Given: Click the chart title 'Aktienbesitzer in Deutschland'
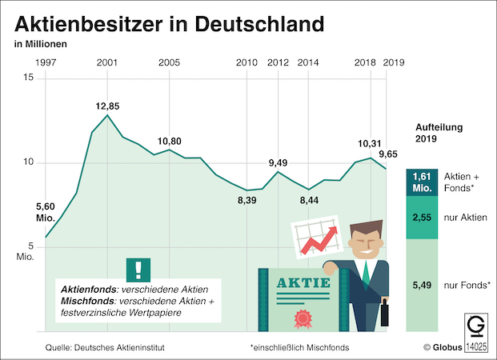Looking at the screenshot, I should click(x=170, y=22).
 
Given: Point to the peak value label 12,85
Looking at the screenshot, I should click(x=107, y=105).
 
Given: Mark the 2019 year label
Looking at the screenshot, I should click(x=394, y=62).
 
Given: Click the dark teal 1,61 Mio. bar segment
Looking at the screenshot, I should click(x=423, y=182).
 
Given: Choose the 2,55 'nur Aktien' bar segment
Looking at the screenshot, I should click(x=423, y=216).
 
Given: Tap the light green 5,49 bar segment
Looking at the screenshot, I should click(x=423, y=285).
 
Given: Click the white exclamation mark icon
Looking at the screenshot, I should click(x=138, y=268).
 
